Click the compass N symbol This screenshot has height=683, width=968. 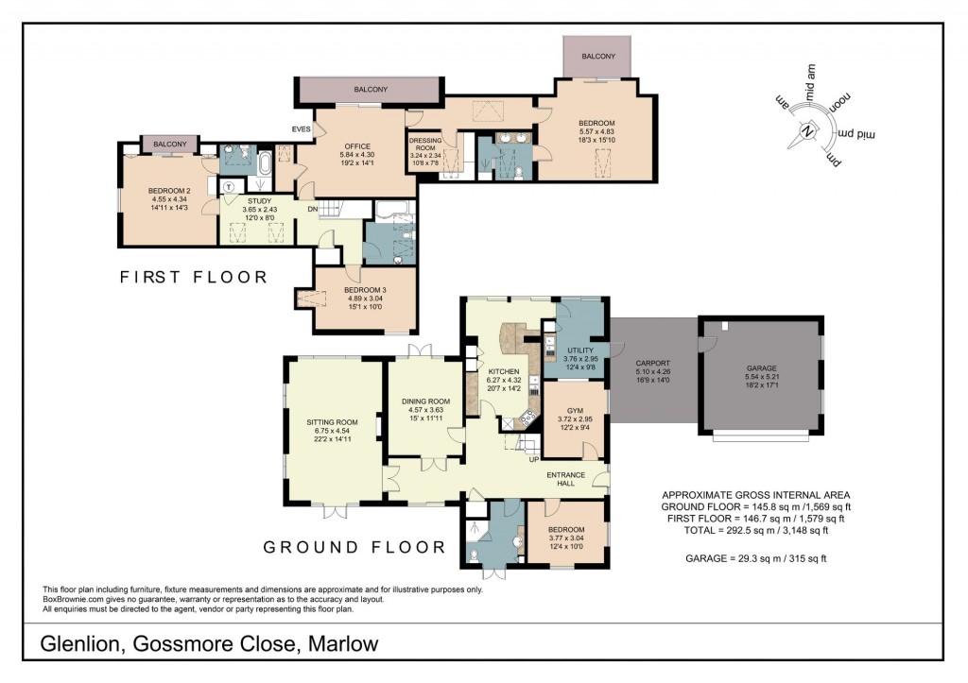(808, 132)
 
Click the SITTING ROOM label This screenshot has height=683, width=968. (332, 421)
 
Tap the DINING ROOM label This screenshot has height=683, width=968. (424, 401)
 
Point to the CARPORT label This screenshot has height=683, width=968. (652, 363)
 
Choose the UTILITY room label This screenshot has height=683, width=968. (579, 350)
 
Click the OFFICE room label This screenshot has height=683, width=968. (356, 145)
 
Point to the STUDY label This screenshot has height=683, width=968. (258, 200)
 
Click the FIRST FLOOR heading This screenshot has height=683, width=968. (193, 278)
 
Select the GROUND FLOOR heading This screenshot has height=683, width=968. (354, 547)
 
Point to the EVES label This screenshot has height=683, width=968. (302, 129)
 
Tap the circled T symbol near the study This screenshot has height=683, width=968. (229, 186)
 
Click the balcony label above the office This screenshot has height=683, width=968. (370, 89)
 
